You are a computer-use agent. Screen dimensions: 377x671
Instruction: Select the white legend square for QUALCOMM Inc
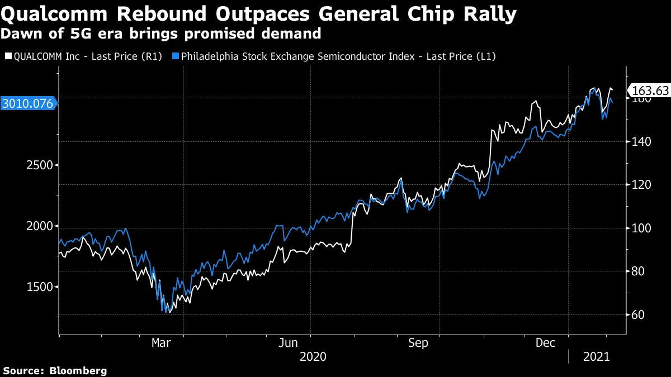[7, 56]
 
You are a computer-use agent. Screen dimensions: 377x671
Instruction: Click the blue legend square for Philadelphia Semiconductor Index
[176, 56]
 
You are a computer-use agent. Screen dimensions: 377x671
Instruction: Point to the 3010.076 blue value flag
[27, 103]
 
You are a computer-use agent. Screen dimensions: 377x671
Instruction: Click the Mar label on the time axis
[162, 343]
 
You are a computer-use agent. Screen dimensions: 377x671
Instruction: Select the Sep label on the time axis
[418, 343]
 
